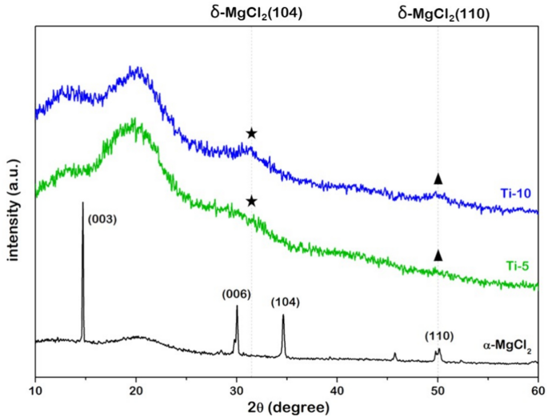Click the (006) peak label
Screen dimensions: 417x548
[236, 294]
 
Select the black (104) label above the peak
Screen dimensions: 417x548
[286, 302]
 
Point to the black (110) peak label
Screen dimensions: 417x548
[439, 336]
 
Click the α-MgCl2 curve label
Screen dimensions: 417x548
[506, 347]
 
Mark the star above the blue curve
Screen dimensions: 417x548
[251, 133]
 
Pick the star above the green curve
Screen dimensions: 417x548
[251, 201]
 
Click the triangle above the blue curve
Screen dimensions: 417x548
[438, 178]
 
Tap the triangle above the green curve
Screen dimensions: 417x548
[438, 255]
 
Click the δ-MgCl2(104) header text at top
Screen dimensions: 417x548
[250, 13]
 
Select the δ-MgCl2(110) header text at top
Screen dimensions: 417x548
[438, 13]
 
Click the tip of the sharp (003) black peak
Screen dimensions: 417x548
[82, 203]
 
